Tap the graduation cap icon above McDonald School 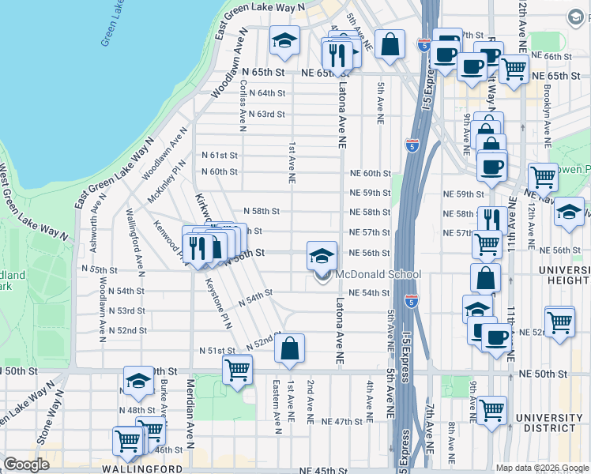322,256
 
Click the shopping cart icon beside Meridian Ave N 237,369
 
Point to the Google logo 26,464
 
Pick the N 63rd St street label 265,114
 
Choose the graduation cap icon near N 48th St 138,381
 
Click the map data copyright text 540,468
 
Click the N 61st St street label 219,156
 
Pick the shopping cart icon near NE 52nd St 559,322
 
